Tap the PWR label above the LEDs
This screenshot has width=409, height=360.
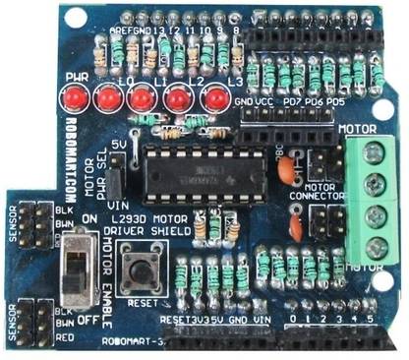76,77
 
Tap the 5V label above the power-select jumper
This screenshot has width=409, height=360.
118,144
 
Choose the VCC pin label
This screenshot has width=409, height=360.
263,102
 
